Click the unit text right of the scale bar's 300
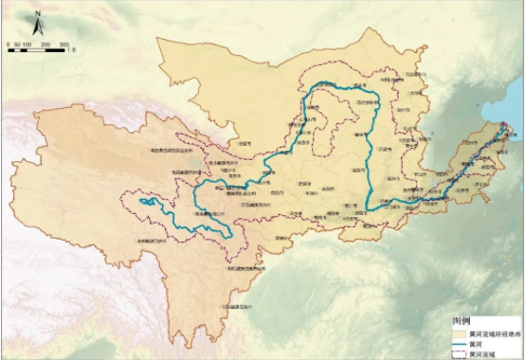[73, 44]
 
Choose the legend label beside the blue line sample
[481, 342]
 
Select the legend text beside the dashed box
[486, 351]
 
